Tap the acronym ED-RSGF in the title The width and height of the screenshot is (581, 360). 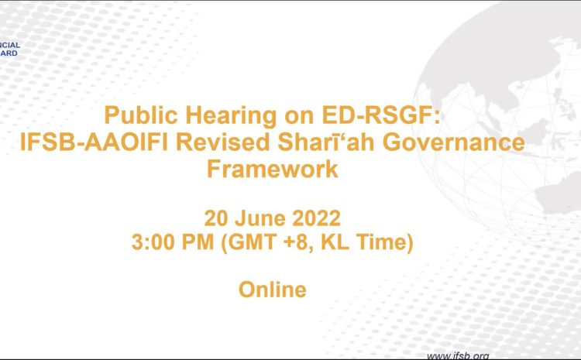pos(382,115)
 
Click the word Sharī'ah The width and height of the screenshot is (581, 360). pos(326,142)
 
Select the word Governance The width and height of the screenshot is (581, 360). pos(454,142)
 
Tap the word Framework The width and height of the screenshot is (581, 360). pos(273,170)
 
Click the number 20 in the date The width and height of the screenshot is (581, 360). pos(215,218)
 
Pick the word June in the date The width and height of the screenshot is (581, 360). pos(260,218)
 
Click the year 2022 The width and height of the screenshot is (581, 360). pos(316,218)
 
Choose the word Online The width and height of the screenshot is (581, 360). pos(273,290)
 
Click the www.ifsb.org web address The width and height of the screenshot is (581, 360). pos(458,356)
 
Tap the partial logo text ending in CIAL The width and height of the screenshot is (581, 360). pos(10,45)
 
